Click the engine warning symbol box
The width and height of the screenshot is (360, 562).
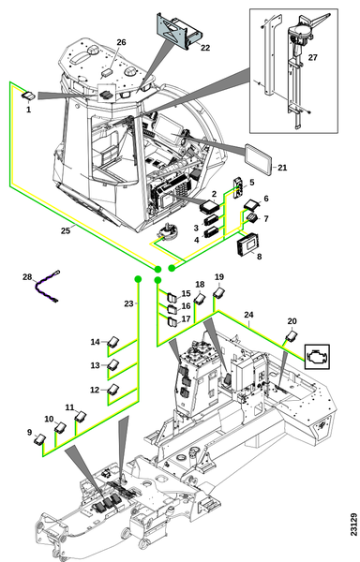(317, 357)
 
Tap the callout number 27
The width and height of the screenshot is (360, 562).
(313, 57)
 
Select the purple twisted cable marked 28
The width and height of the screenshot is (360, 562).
(47, 287)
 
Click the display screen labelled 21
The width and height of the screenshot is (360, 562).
(258, 160)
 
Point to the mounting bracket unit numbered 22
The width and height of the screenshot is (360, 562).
(179, 31)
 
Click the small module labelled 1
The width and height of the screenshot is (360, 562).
(28, 96)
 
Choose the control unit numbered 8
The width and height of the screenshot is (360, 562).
(247, 245)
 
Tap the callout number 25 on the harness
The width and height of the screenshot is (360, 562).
(66, 230)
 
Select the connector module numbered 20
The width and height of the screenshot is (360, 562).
(292, 336)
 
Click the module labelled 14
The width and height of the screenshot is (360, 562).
(113, 341)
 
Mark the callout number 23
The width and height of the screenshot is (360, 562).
(128, 303)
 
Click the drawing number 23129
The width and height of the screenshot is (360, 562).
(353, 525)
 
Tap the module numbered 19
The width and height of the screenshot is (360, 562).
(218, 292)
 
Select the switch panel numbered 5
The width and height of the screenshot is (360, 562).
(238, 186)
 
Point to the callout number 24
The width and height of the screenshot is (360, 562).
(248, 315)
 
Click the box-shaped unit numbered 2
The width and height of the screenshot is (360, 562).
(207, 206)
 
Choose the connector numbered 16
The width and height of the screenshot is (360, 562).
(172, 308)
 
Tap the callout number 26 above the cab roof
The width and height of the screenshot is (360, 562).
(121, 42)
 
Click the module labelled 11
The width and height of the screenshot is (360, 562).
(81, 416)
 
